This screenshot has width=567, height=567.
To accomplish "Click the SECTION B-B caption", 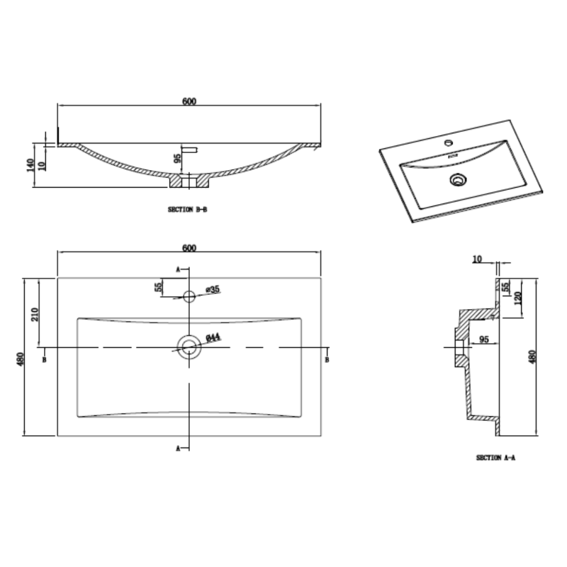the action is [x=187, y=209].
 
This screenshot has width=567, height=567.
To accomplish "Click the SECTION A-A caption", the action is [x=495, y=458].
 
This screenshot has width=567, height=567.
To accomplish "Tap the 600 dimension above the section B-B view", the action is [x=189, y=101].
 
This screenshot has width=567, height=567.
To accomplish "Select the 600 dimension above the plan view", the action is [x=189, y=248].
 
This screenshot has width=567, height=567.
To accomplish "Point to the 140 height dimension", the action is [x=30, y=165].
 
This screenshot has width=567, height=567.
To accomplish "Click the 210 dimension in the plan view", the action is [x=35, y=315].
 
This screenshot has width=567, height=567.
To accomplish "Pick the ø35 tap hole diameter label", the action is [x=213, y=289].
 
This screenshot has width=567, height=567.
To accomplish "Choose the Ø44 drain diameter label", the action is [x=213, y=337].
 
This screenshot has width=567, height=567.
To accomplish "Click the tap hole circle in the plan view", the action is [x=189, y=296].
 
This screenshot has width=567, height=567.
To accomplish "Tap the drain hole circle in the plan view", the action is [x=189, y=347].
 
